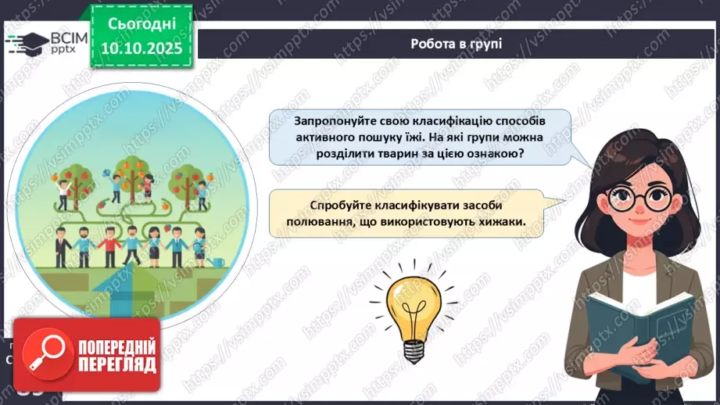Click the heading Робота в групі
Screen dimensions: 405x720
(456, 43)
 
